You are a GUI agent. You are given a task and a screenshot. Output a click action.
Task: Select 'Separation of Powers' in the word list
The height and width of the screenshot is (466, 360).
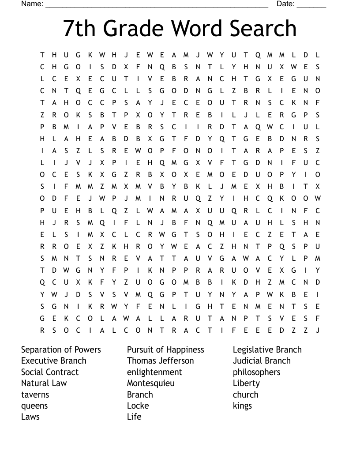(x=61, y=349)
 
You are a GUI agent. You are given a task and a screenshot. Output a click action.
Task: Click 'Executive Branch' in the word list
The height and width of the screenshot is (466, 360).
(x=54, y=361)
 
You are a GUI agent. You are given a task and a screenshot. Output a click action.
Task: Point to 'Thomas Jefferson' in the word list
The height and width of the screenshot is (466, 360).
(x=160, y=361)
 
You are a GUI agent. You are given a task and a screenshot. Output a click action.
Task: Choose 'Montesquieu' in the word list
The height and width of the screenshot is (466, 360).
(x=151, y=383)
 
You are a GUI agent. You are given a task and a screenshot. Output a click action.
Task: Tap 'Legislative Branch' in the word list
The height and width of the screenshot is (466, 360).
(x=267, y=349)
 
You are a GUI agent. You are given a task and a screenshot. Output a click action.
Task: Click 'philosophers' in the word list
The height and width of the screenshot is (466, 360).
(x=256, y=372)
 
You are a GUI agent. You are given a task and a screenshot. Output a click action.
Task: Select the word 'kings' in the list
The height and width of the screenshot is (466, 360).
(x=242, y=406)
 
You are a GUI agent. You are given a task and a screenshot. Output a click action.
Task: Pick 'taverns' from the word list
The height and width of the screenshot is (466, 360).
(x=35, y=395)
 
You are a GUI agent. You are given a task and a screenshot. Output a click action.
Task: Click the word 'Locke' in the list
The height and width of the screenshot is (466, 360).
(x=138, y=406)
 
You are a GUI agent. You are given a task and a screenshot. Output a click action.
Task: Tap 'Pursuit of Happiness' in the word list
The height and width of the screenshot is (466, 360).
(x=165, y=349)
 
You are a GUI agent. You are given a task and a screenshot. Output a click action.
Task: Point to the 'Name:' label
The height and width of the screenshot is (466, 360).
(x=32, y=4)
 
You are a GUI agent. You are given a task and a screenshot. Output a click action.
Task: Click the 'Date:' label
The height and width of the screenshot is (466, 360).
(x=285, y=4)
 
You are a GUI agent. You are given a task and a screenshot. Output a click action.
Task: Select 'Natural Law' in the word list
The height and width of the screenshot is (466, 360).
(x=44, y=383)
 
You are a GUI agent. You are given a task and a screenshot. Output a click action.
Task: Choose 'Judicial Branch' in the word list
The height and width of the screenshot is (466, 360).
(x=262, y=361)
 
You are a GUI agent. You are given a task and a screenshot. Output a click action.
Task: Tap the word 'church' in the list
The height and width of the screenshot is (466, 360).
(x=245, y=395)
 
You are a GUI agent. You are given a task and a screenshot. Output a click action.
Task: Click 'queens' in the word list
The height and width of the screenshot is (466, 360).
(x=34, y=406)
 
